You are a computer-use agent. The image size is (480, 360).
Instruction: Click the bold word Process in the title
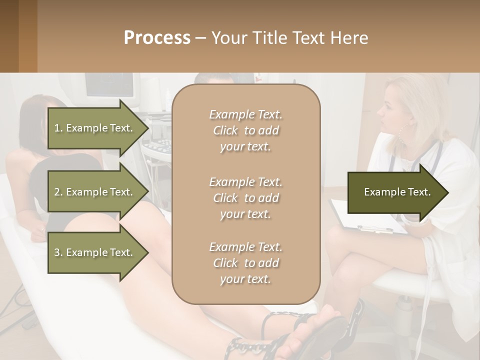[157, 38]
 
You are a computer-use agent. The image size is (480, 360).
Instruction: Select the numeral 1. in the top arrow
[58, 128]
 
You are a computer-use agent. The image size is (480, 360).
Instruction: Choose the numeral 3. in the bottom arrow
[58, 252]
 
